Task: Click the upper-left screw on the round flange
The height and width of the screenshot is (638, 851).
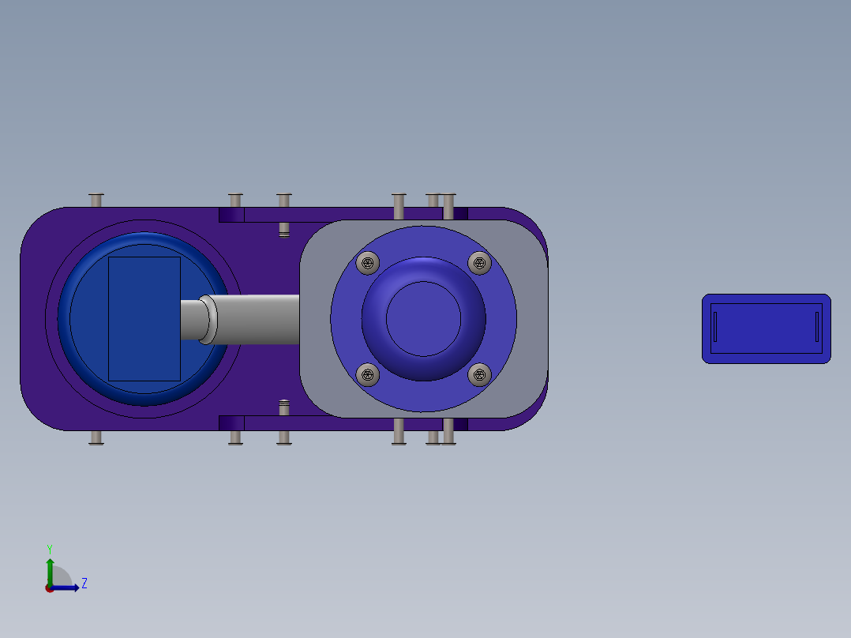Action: [367, 263]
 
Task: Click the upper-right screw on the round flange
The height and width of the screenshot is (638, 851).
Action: [479, 262]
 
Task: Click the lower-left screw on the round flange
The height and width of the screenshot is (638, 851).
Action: [367, 374]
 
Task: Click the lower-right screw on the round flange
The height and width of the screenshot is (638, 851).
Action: [479, 374]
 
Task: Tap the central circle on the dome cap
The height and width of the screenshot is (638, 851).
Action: [423, 318]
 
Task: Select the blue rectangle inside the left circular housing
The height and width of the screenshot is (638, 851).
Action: [144, 318]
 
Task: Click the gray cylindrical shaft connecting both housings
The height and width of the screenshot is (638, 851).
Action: [257, 319]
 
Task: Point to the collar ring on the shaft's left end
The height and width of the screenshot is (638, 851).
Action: [207, 319]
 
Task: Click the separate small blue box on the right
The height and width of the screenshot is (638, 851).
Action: [766, 328]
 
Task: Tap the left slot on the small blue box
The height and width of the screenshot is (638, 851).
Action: [715, 327]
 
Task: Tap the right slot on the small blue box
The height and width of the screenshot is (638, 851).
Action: [817, 327]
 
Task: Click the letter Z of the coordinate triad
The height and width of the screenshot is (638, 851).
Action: [84, 584]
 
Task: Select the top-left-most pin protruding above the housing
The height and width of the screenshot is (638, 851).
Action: [96, 200]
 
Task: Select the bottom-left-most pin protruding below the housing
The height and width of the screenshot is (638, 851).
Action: [96, 437]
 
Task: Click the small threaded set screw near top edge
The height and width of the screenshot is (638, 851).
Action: [284, 230]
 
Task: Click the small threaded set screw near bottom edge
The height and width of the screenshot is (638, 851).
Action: [284, 407]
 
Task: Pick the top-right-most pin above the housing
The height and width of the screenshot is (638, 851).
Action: [448, 205]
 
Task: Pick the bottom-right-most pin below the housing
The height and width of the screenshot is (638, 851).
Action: [448, 432]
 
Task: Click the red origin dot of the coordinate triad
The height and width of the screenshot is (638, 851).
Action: [50, 587]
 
